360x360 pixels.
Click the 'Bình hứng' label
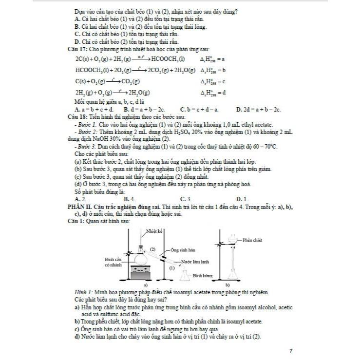click(x=203, y=275)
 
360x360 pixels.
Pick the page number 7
click(x=291, y=350)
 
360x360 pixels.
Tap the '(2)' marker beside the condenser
click(x=152, y=249)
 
